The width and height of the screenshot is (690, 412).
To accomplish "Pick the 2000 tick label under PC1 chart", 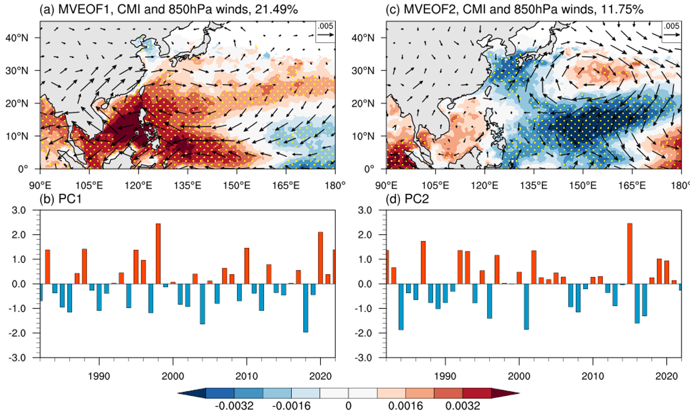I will [172, 378].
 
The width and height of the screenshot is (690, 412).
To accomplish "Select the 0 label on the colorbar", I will [348, 405].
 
